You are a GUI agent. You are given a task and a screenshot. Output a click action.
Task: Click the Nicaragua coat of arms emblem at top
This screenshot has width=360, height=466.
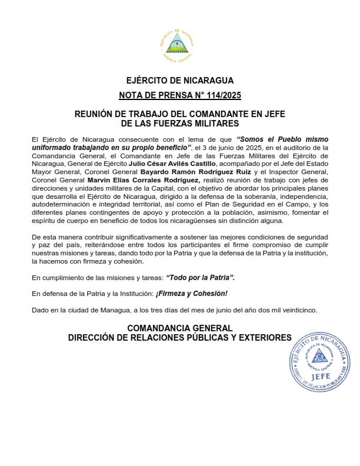coord(179,44)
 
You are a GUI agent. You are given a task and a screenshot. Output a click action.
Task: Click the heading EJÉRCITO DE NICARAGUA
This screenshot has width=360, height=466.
coord(180,80)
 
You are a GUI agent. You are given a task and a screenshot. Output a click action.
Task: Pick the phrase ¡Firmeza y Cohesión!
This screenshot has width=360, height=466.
coord(195,294)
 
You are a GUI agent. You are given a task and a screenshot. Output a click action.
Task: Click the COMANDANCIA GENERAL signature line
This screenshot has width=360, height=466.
coord(180,328)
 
